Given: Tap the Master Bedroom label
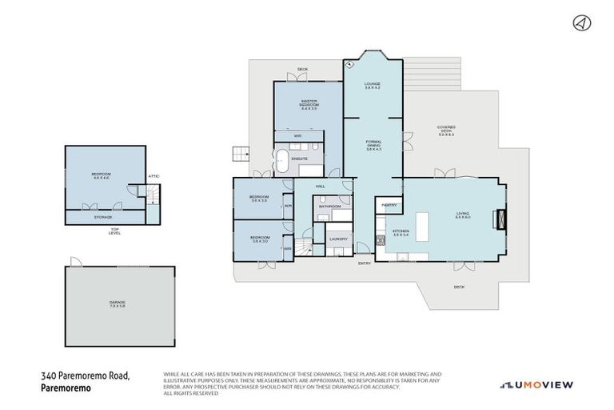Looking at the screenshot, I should click(x=309, y=104).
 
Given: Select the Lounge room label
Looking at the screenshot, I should click(x=372, y=85).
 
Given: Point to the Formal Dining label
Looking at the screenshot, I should click(x=373, y=145).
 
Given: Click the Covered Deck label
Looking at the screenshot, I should click(x=446, y=131).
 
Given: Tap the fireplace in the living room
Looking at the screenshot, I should click(x=500, y=216).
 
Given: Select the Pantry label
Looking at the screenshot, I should click(x=389, y=205).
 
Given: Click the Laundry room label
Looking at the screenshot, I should click(x=337, y=239).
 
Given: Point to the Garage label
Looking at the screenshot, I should click(x=118, y=303).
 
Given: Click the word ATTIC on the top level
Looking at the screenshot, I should click(x=153, y=177).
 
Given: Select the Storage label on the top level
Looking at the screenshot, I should click(x=103, y=216).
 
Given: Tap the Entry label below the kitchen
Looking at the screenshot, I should click(x=365, y=263).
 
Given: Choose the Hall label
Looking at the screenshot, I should click(x=320, y=186).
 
